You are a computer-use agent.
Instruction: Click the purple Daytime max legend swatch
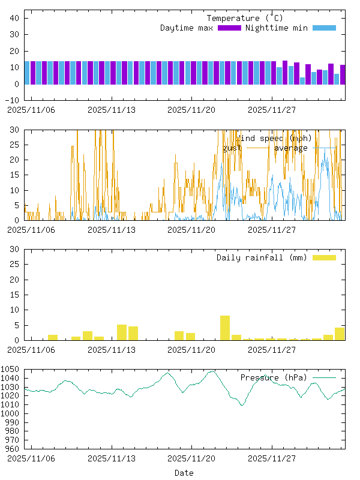pyautogui.click(x=229, y=28)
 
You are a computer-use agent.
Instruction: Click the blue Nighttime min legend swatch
pyautogui.click(x=324, y=28)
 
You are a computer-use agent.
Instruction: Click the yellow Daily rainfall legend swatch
pyautogui.click(x=324, y=257)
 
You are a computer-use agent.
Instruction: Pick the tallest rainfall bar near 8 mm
pyautogui.click(x=225, y=328)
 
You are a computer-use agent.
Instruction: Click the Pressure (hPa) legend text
pyautogui.click(x=273, y=377)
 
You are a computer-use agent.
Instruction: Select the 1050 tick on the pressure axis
pyautogui.click(x=12, y=369)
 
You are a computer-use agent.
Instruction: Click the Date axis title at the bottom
pyautogui.click(x=184, y=473)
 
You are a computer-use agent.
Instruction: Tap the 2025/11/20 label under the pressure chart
pyautogui.click(x=191, y=458)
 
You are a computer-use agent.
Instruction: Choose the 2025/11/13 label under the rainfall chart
pyautogui.click(x=112, y=349)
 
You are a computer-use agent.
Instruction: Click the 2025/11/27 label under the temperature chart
pyautogui.click(x=272, y=110)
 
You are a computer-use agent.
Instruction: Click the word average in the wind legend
pyautogui.click(x=291, y=148)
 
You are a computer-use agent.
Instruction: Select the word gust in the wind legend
pyautogui.click(x=232, y=148)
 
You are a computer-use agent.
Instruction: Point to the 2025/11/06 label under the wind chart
pyautogui.click(x=31, y=229)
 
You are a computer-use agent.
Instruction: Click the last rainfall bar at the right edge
pyautogui.click(x=340, y=334)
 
